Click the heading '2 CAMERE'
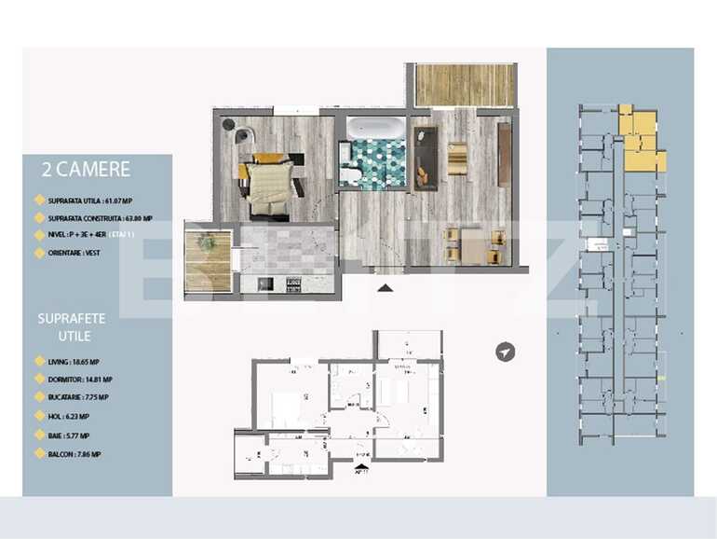coord(86,170)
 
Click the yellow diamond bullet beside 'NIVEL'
coord(39,235)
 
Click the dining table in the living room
coord(459,244)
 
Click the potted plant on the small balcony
coord(207,243)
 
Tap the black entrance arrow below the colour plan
coord(386,287)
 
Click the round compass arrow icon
coord(505,352)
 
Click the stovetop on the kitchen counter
coord(292,283)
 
